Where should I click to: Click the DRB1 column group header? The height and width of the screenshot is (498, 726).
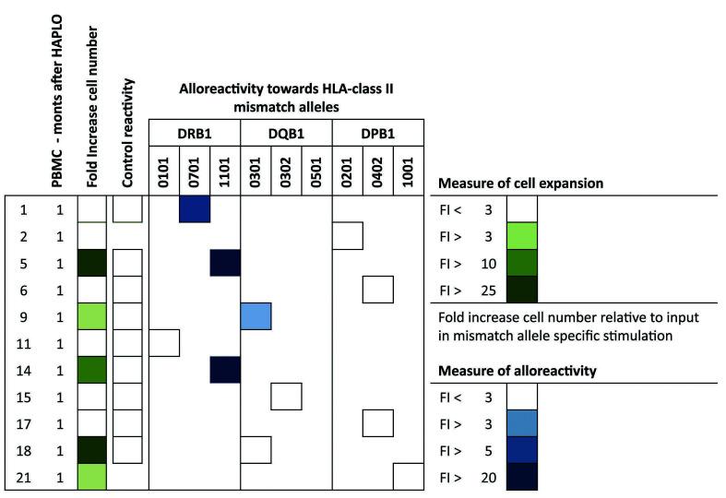tap(195, 133)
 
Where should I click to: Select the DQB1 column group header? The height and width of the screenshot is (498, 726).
tap(286, 133)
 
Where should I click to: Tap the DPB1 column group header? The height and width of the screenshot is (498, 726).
tap(377, 133)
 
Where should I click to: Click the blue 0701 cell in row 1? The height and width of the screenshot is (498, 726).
tap(195, 209)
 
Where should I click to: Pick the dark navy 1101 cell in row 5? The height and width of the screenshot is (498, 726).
tap(225, 263)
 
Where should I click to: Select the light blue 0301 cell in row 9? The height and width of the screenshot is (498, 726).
tap(256, 315)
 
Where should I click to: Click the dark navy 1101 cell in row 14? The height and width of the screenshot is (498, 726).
tap(225, 369)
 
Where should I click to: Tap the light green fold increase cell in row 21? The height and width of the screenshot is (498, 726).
tap(92, 476)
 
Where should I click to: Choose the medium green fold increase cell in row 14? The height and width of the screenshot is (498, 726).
tap(92, 369)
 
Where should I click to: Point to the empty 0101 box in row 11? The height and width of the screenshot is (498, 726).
tap(164, 342)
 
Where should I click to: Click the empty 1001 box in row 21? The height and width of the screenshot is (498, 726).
tap(408, 476)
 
